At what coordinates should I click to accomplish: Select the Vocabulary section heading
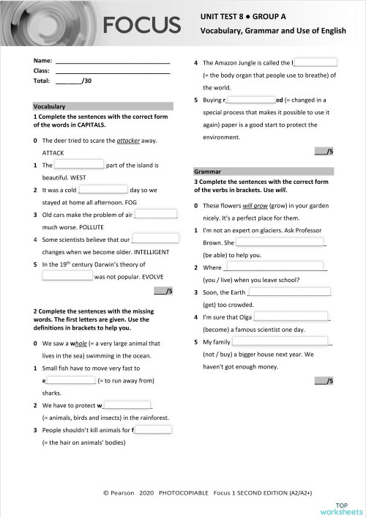click(51, 106)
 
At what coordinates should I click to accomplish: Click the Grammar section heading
click(208, 171)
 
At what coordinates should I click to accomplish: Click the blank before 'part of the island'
click(79, 165)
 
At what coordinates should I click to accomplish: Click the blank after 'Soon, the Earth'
click(290, 292)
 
